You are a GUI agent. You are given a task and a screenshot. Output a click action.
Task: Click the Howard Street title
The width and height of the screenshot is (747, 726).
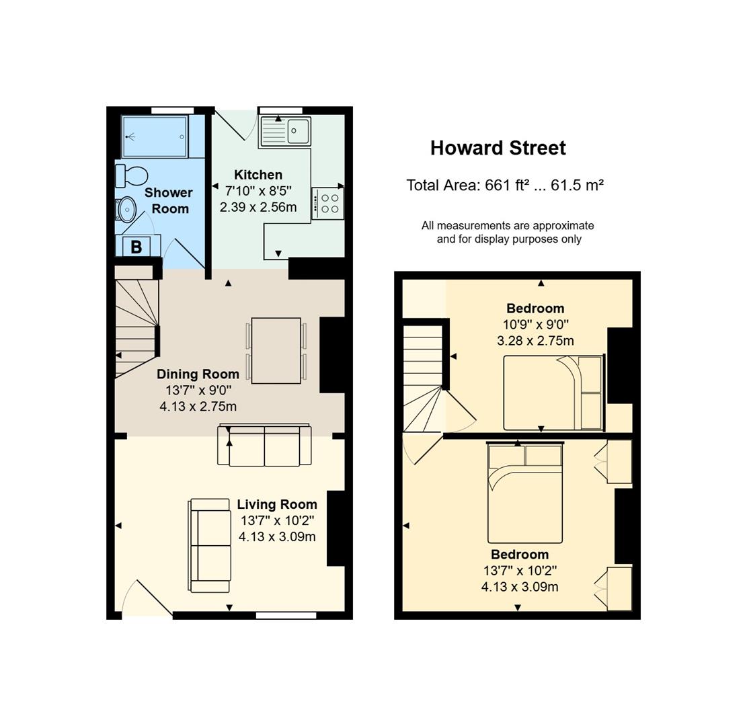(498, 148)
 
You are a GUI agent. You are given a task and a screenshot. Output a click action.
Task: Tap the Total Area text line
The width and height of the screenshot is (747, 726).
(505, 185)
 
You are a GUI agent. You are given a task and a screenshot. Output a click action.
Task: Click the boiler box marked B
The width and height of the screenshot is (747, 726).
(136, 247)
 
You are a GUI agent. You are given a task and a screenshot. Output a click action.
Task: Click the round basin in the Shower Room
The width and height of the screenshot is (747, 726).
(126, 210)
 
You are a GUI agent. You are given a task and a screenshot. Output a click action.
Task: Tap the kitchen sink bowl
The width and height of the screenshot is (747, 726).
(298, 130)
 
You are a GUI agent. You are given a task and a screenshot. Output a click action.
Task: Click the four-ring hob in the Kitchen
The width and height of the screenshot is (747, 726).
(327, 204)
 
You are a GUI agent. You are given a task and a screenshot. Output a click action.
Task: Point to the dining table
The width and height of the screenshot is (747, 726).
(276, 351)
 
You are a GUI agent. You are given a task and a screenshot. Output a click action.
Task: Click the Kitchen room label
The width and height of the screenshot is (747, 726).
(258, 175)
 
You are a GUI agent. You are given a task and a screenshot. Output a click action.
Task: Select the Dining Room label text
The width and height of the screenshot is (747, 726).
(198, 374)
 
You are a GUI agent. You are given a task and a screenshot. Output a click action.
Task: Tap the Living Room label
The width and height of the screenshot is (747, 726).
(277, 504)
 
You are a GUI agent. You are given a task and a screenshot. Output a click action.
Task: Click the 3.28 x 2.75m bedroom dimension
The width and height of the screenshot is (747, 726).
(535, 341)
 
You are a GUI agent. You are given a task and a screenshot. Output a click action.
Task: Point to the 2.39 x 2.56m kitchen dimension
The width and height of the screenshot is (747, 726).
(258, 207)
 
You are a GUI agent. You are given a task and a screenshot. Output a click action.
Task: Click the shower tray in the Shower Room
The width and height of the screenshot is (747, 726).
(155, 136)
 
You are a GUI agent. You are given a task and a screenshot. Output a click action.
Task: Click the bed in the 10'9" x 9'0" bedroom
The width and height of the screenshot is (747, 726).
(554, 393)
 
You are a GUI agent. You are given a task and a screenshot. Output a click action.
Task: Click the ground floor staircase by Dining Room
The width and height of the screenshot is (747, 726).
(136, 329)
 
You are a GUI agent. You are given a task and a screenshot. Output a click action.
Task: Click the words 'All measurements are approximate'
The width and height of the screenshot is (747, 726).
(508, 225)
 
